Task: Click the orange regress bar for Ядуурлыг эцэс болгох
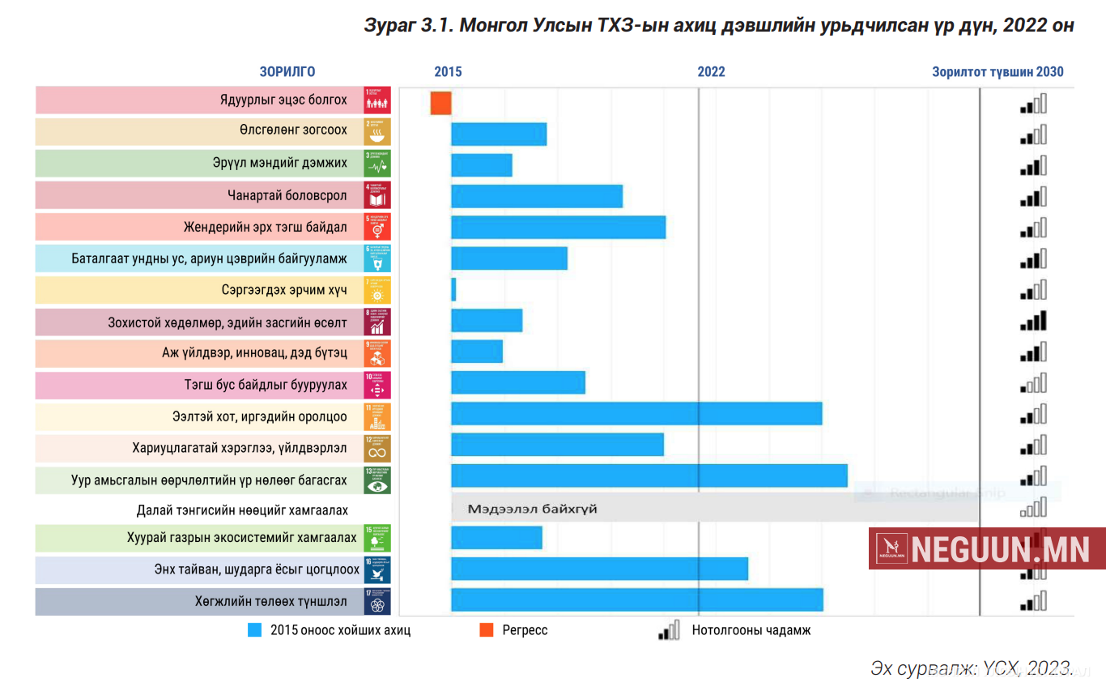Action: [x=440, y=103]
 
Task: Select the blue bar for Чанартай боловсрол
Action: [x=537, y=196]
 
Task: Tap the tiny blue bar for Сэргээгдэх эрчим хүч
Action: [x=453, y=289]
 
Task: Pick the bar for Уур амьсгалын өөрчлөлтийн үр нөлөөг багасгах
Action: [x=649, y=476]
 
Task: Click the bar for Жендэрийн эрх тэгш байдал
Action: [x=558, y=228]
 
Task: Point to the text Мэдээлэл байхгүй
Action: [x=532, y=509]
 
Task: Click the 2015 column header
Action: [x=448, y=71]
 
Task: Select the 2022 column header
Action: [x=711, y=71]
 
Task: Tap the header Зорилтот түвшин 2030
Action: [x=998, y=71]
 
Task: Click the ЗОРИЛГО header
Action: [x=287, y=71]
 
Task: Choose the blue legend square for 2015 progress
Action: [x=255, y=629]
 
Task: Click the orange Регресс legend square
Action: [x=487, y=629]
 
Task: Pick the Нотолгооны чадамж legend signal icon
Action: [x=669, y=629]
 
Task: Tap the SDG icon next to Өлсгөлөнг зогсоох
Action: [x=378, y=131]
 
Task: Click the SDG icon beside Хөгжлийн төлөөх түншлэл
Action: [x=378, y=602]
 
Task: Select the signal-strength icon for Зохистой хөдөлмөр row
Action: [x=1034, y=322]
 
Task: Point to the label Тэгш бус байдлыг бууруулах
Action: [x=266, y=385]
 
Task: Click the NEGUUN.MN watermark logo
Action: [x=987, y=548]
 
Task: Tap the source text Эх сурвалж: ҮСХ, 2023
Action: [x=972, y=668]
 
